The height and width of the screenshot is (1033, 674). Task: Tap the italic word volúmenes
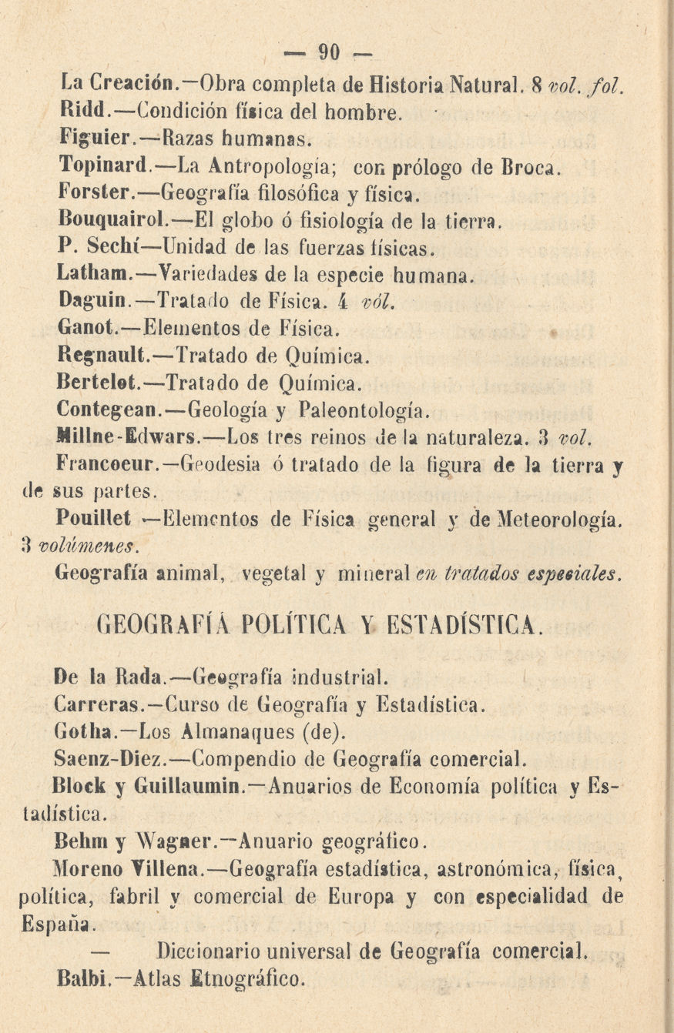[x=77, y=545]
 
